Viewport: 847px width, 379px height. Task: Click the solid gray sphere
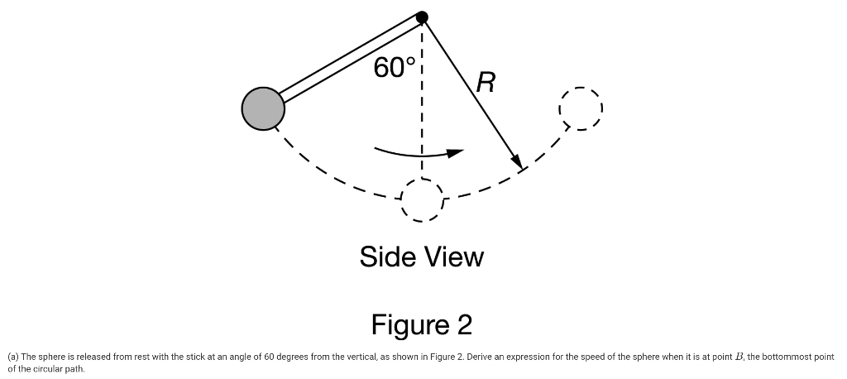tap(263, 108)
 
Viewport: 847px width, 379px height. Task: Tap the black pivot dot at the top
tap(422, 17)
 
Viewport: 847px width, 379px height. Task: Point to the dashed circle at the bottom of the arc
tap(422, 199)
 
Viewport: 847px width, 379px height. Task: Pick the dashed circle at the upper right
tap(581, 108)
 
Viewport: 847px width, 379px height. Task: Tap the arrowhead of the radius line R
tap(518, 162)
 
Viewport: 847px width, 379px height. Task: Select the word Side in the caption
tap(388, 257)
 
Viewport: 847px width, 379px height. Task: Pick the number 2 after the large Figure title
tap(463, 324)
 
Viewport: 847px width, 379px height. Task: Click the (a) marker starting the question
tap(12, 357)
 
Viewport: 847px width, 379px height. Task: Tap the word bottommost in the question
tap(791, 357)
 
